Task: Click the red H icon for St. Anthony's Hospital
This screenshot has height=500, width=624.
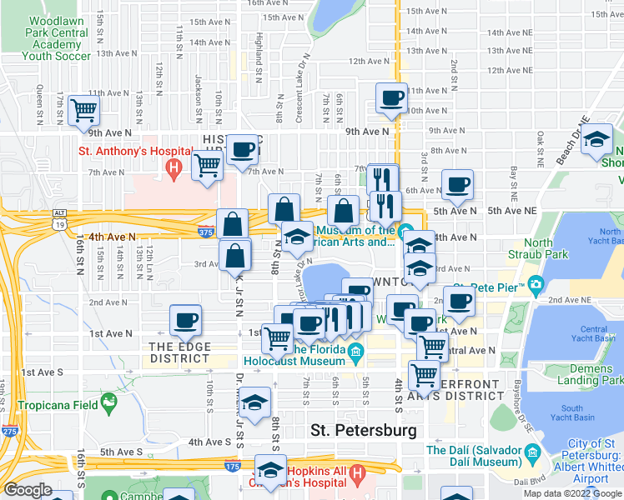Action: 174,170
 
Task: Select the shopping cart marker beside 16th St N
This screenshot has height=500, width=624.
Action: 84,110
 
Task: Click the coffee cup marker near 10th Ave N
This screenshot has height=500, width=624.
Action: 390,98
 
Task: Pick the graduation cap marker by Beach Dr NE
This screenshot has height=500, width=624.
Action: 597,138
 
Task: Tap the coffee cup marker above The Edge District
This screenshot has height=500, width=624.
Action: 185,319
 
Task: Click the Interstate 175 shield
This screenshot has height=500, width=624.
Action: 230,466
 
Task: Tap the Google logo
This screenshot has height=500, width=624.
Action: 28,490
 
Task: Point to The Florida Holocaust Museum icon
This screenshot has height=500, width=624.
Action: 356,350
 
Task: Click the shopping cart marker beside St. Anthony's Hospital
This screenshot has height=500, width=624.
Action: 207,165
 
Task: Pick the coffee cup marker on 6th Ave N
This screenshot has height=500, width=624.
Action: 457,184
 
